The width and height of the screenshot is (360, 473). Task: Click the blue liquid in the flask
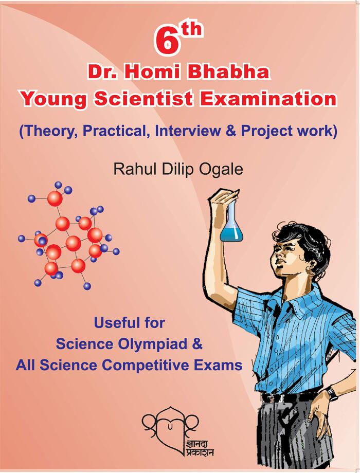(x=231, y=234)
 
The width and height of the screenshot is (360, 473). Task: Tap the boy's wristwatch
(x=331, y=393)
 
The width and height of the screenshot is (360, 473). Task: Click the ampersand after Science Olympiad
(x=197, y=344)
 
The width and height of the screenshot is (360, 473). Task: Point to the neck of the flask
(x=232, y=211)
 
